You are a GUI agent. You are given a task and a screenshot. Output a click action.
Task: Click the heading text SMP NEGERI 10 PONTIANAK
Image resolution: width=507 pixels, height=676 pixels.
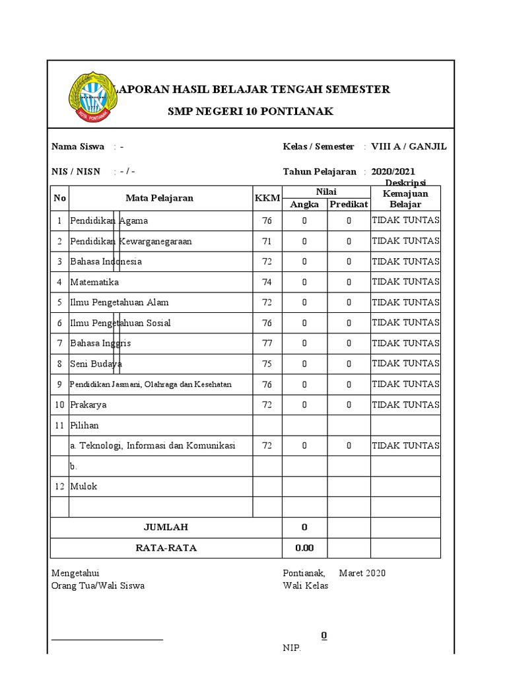[250, 112]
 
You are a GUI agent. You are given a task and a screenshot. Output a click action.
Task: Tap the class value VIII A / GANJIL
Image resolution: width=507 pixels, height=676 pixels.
[409, 147]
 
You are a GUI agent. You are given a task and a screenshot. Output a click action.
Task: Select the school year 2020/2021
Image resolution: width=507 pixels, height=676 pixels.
[393, 172]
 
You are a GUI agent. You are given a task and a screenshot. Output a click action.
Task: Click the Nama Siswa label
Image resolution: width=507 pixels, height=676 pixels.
[78, 147]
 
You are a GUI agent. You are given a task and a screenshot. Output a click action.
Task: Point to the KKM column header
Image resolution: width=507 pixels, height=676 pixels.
[267, 198]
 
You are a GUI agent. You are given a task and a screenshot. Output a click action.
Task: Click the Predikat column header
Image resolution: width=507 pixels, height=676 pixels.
[349, 205]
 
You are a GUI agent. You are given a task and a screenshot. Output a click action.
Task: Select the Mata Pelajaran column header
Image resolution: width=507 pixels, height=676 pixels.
[160, 198]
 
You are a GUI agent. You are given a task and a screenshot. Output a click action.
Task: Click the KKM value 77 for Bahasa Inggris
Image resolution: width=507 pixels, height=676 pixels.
[267, 343]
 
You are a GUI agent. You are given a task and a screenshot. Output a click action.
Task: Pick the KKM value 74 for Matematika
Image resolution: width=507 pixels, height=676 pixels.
[267, 282]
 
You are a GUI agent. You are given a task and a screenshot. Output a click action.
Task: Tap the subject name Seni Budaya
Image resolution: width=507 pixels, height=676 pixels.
[96, 364]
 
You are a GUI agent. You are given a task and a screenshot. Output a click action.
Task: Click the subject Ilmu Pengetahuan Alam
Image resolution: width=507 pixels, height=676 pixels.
[119, 302]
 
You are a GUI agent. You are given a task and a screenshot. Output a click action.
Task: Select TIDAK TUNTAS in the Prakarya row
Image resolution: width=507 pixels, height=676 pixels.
[405, 404]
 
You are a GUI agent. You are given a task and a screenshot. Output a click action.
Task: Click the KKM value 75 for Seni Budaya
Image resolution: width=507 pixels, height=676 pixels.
[267, 364]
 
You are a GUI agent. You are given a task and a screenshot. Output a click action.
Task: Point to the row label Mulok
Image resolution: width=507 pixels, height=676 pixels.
[84, 486]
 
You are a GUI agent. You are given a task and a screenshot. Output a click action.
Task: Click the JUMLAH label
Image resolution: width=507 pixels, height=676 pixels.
[166, 527]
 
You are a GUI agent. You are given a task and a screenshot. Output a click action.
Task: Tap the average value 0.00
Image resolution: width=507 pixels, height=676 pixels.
[304, 547]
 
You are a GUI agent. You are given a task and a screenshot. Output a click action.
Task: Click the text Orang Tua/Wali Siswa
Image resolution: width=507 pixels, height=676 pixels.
[98, 586]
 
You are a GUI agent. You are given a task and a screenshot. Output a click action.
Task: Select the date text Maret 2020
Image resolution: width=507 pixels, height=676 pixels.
[362, 573]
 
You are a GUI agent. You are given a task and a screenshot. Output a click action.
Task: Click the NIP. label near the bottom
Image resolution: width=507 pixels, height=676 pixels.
[292, 648]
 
